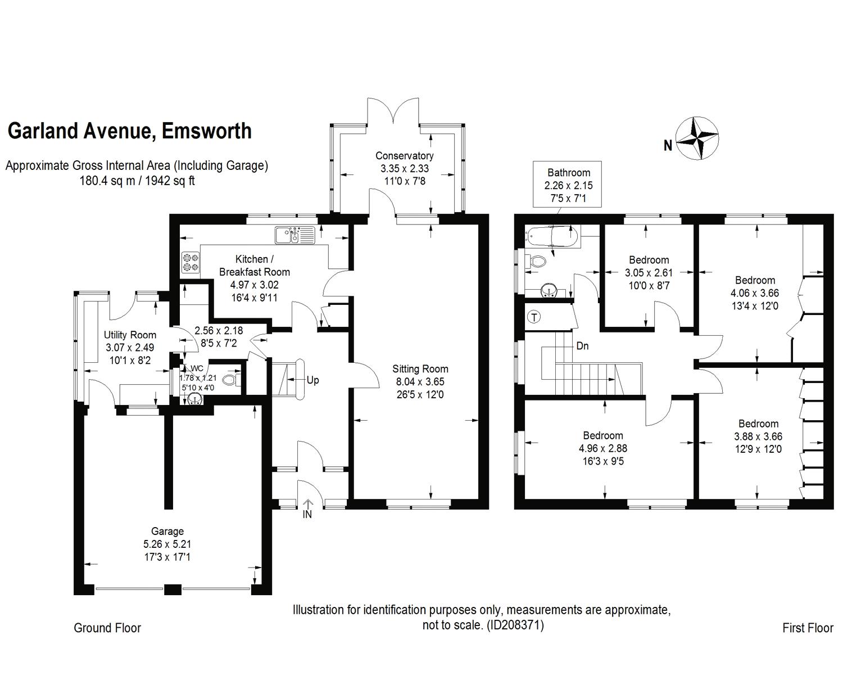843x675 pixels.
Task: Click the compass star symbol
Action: click(697, 137)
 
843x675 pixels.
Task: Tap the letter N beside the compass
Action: click(668, 146)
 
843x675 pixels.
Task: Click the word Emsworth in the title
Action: click(206, 131)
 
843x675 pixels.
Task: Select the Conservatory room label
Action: click(404, 156)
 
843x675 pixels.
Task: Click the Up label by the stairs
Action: click(312, 380)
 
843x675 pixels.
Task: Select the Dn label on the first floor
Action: click(582, 346)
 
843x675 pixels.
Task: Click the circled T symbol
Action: click(534, 317)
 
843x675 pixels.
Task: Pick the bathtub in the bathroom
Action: click(552, 236)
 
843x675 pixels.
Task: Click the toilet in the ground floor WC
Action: click(229, 380)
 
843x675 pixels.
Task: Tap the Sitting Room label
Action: click(420, 369)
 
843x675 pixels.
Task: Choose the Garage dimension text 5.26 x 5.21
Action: click(167, 544)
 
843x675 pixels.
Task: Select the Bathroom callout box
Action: click(568, 185)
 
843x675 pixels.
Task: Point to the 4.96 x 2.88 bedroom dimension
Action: click(602, 448)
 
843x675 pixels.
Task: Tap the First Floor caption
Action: click(807, 628)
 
